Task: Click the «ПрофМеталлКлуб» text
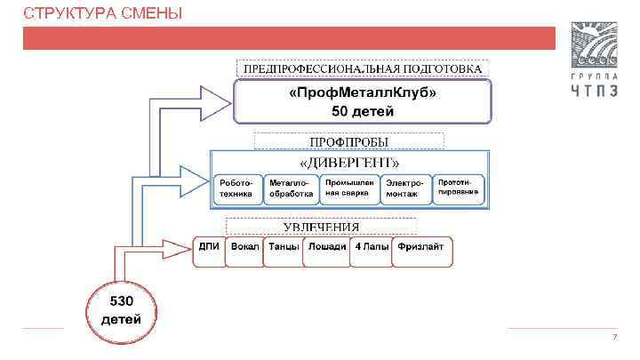(363, 92)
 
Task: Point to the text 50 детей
(363, 111)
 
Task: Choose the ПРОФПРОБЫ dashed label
(348, 140)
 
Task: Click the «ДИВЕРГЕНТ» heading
(349, 163)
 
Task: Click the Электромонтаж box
(405, 188)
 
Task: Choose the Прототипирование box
(459, 187)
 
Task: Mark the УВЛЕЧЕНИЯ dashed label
(321, 225)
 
